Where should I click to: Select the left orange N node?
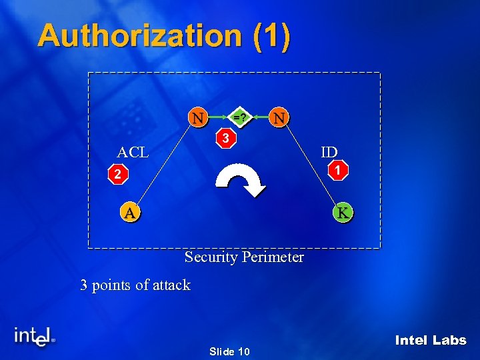coord(197,118)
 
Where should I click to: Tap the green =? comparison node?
coord(238,118)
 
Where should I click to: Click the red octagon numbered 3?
coord(227,139)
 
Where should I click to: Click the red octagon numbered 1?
coord(339,171)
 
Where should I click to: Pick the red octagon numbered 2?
coord(117,175)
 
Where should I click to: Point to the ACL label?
coord(133,152)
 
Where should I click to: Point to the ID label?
coord(329,152)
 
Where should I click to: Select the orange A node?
coord(130,213)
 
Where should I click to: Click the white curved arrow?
coord(242,180)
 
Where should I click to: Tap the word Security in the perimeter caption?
coord(211,257)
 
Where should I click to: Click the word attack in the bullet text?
coord(171,285)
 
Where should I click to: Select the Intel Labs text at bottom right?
coord(431,341)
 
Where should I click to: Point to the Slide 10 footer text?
coord(229,351)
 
